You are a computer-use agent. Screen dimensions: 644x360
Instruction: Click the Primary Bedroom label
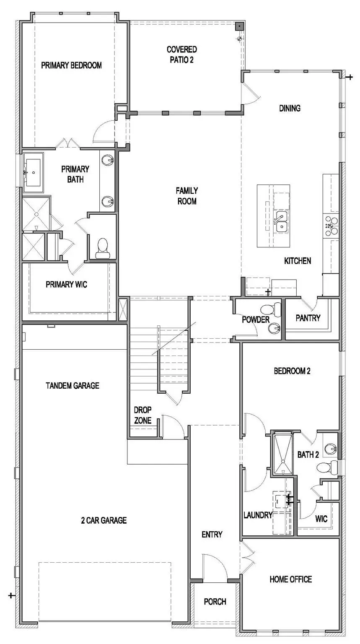tap(71, 65)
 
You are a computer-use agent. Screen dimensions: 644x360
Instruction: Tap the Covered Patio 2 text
tap(181, 55)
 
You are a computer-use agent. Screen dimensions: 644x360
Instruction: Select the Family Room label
tap(186, 196)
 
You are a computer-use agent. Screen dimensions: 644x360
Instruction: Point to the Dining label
tap(290, 108)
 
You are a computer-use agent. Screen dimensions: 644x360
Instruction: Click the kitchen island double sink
tap(281, 221)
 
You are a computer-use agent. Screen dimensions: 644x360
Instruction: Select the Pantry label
tap(308, 318)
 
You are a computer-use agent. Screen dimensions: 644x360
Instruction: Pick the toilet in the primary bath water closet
tap(102, 248)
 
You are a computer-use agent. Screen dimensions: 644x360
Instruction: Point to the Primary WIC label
tap(66, 285)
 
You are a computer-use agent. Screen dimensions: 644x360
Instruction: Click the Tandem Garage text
tap(73, 385)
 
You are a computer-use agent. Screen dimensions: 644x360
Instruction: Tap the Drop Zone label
tap(142, 415)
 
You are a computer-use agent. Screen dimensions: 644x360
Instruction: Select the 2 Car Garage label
tap(104, 521)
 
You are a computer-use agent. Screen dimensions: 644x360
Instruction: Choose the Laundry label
tap(258, 515)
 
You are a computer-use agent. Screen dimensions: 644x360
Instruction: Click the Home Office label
tap(290, 579)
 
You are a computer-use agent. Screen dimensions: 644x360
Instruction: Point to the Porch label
tap(215, 602)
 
